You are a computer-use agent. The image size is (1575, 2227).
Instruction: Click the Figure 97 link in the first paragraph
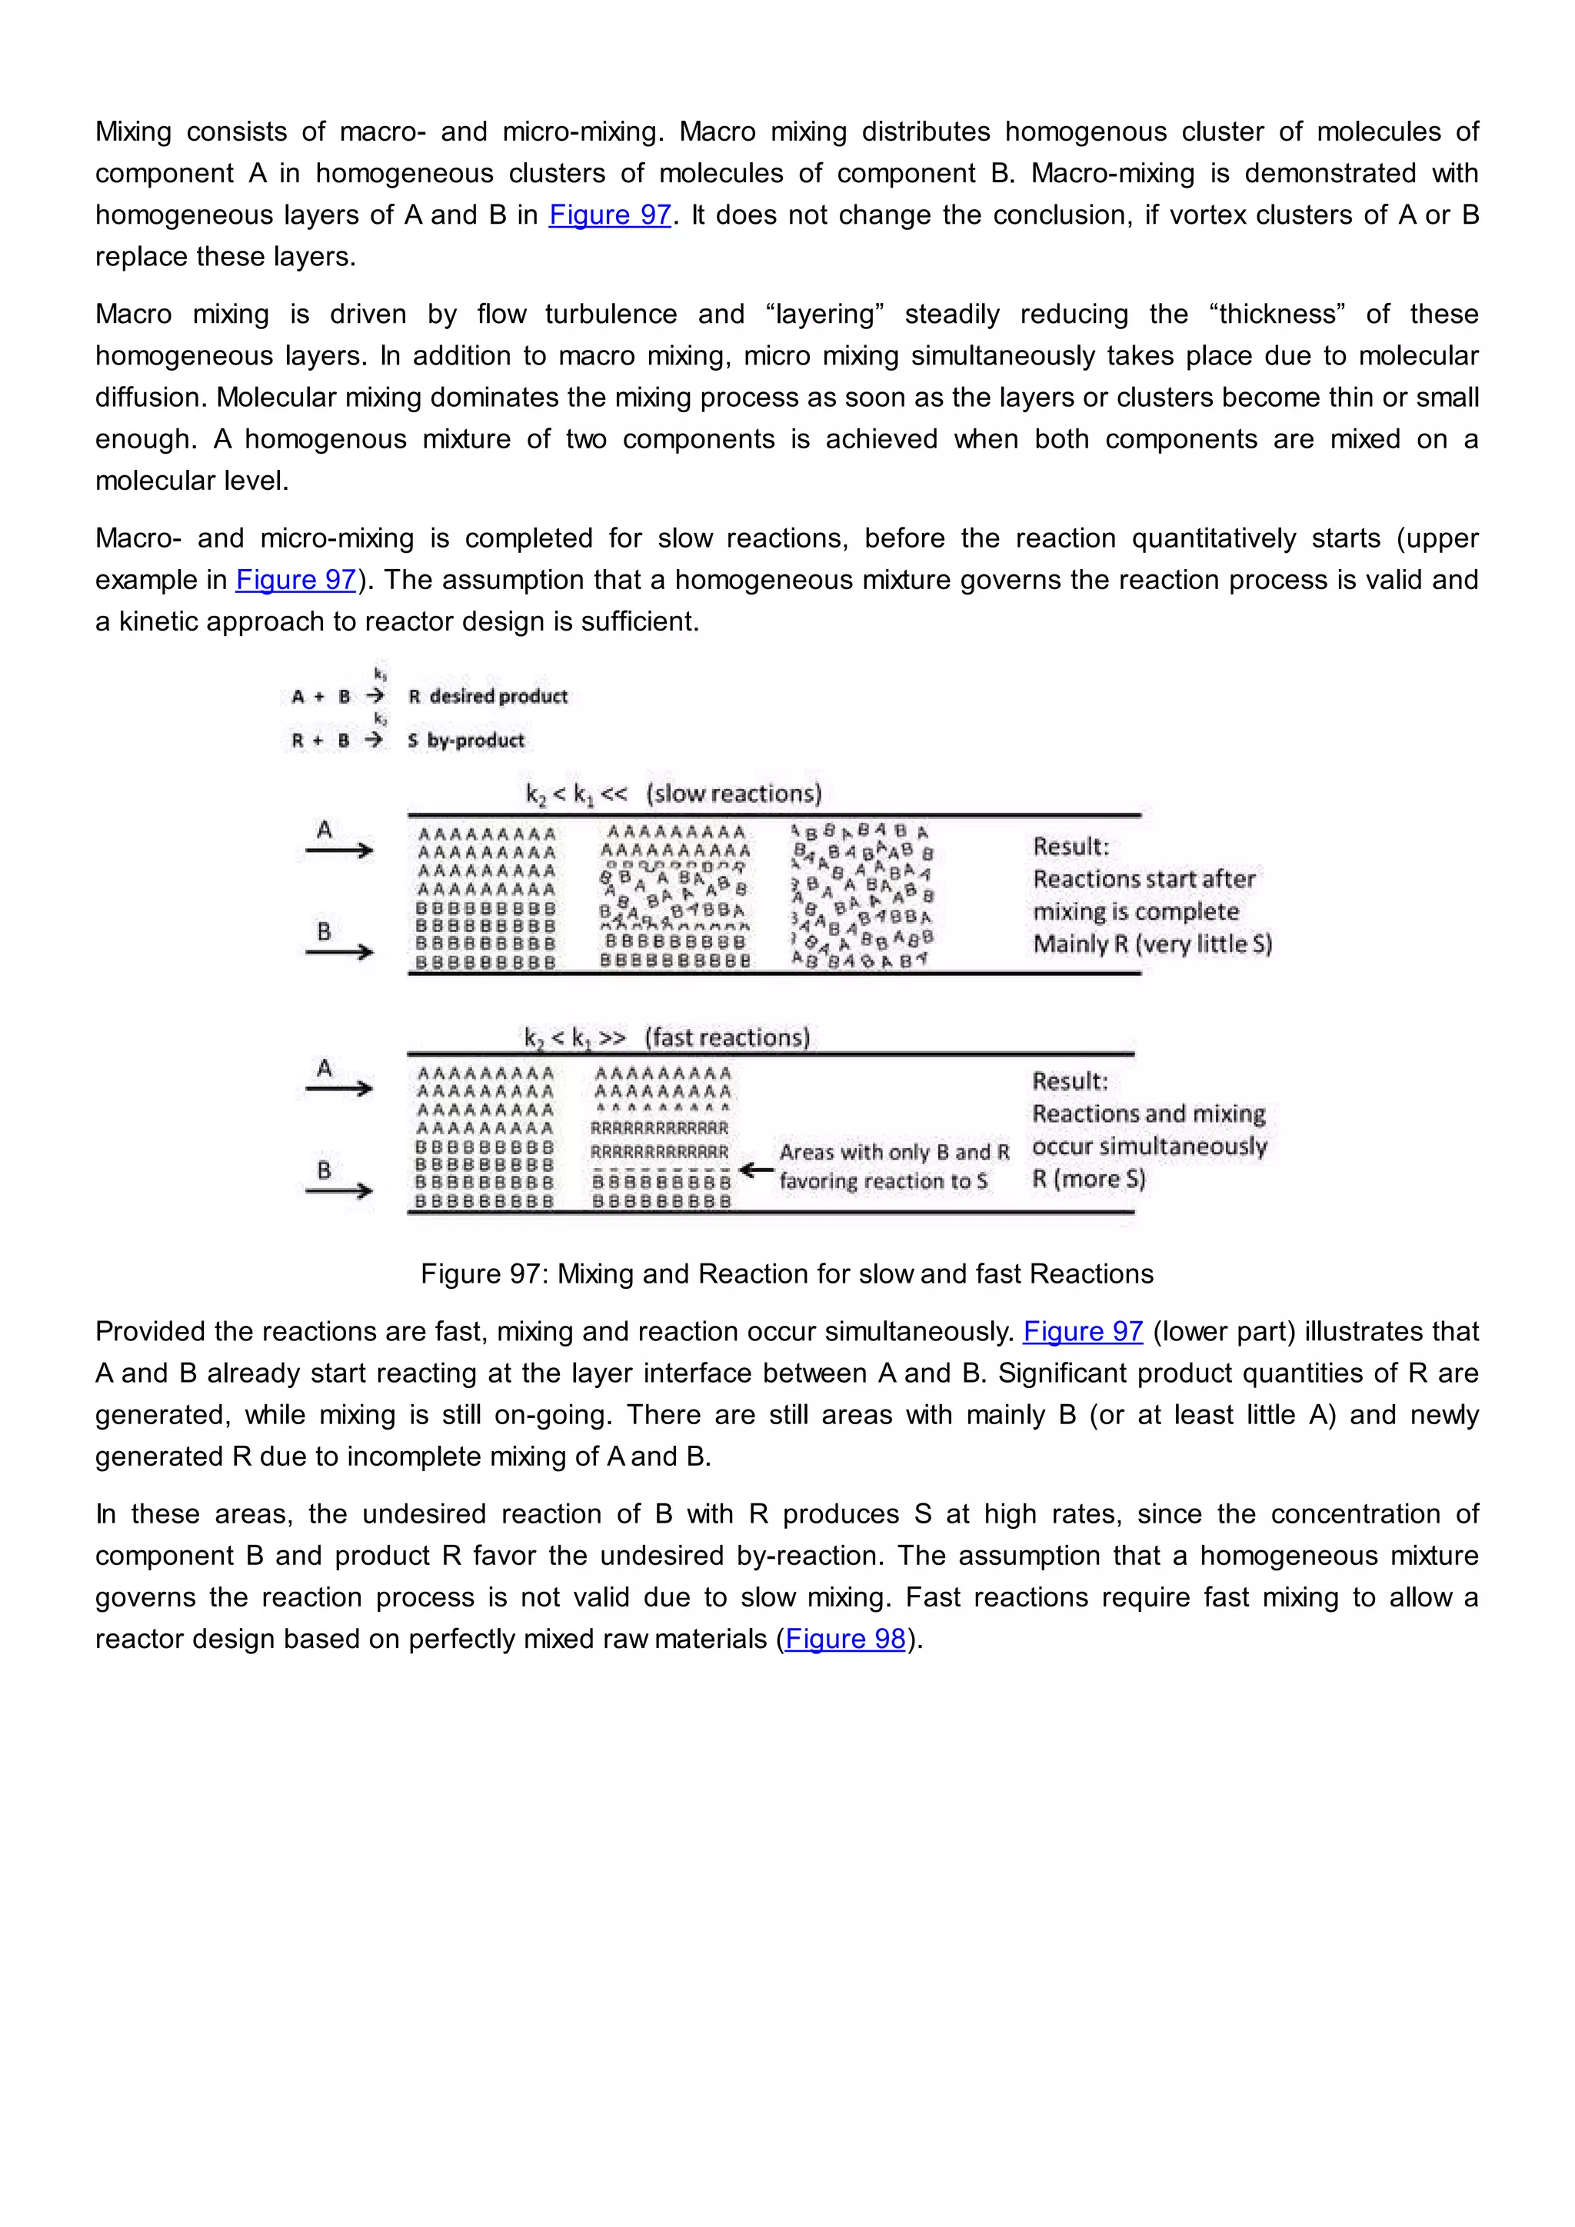pyautogui.click(x=610, y=215)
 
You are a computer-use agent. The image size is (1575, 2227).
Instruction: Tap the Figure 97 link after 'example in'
pyautogui.click(x=296, y=579)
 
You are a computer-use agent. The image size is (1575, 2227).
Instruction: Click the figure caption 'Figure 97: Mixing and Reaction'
pyautogui.click(x=787, y=1273)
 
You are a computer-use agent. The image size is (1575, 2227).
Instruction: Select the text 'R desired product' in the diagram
pyautogui.click(x=488, y=697)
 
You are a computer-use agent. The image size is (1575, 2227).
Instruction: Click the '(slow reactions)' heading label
pyautogui.click(x=734, y=794)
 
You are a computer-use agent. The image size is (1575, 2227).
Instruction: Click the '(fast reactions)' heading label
pyautogui.click(x=728, y=1038)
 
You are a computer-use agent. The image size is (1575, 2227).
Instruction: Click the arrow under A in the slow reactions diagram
pyautogui.click(x=338, y=851)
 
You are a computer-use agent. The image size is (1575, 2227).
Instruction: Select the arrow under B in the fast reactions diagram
pyautogui.click(x=338, y=1191)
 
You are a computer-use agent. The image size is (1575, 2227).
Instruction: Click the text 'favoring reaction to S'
pyautogui.click(x=883, y=1181)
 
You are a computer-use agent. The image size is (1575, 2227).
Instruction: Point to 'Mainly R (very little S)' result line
pyautogui.click(x=1152, y=944)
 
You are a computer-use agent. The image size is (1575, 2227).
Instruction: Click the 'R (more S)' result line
pyautogui.click(x=1088, y=1180)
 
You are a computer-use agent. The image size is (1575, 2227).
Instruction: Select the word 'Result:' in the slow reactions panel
pyautogui.click(x=1070, y=847)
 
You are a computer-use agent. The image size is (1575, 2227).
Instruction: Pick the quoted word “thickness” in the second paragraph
pyautogui.click(x=1277, y=315)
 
